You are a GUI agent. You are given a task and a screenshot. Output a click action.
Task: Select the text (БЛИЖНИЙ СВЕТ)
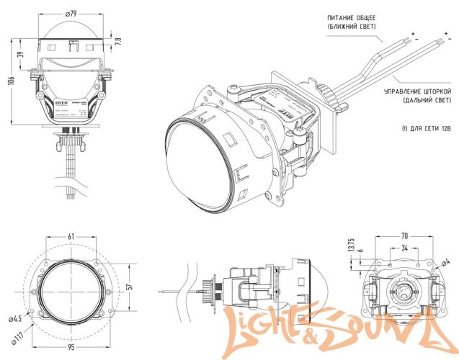point(350,26)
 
